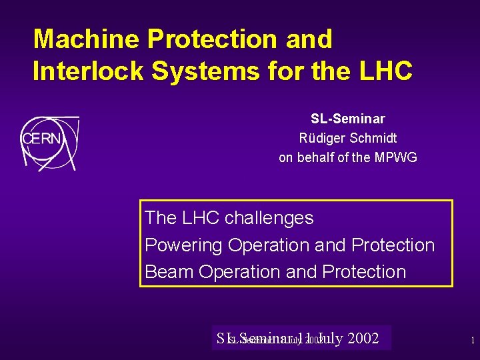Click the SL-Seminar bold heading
point(347,119)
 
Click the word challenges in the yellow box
point(269,218)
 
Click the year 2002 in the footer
point(363,339)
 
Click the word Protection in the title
point(213,39)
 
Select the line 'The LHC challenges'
point(229,218)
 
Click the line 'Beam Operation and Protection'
point(275,272)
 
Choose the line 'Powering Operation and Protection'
point(289,245)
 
